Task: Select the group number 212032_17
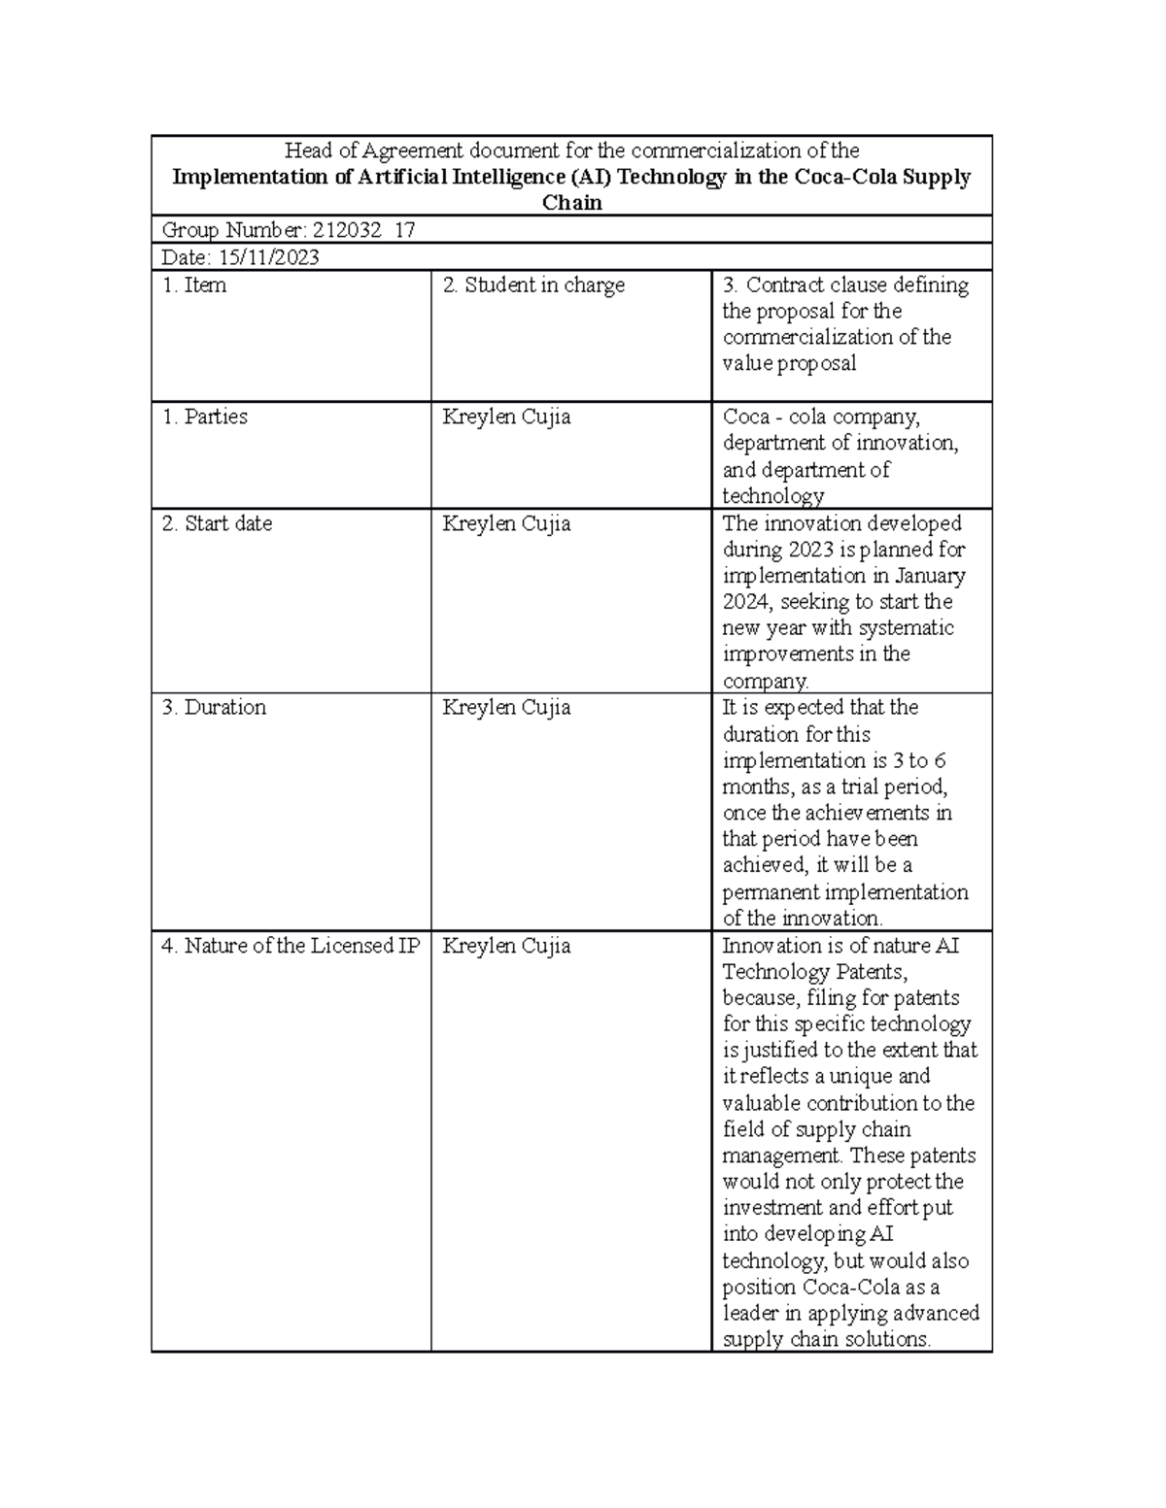pos(362,230)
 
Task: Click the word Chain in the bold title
pos(572,203)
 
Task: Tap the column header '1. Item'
pos(194,285)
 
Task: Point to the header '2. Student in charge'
pos(533,285)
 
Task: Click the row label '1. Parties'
pos(204,417)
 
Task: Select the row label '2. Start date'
pos(217,523)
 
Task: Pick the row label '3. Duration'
pos(214,707)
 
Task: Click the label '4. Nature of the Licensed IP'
pos(291,946)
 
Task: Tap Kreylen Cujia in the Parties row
pos(506,417)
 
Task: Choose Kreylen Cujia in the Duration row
pos(506,707)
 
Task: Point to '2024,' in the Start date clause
pos(748,602)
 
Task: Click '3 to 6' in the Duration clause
pos(919,760)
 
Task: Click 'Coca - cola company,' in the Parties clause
pos(821,417)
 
